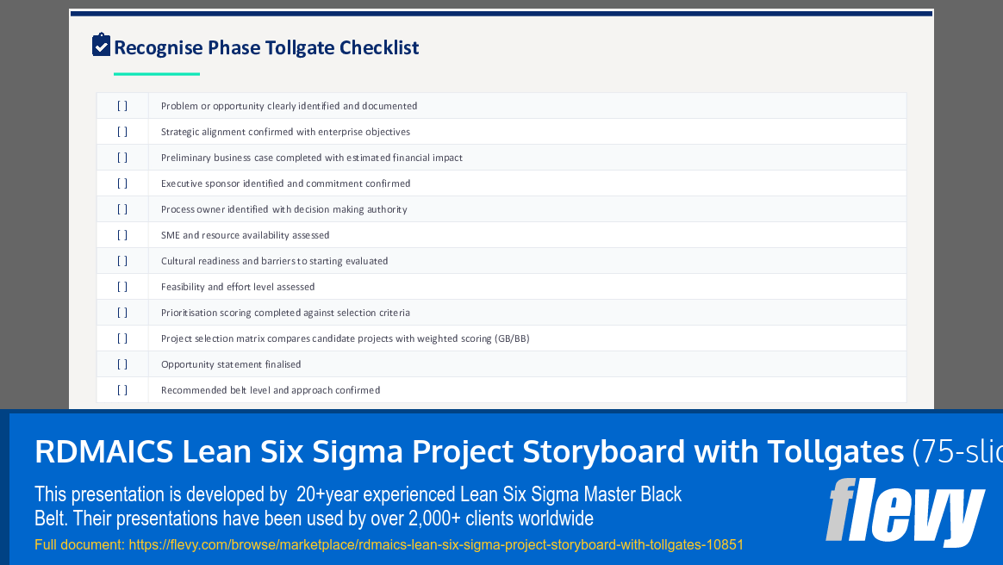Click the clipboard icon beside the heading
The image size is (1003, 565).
102,45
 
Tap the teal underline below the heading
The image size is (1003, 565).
157,74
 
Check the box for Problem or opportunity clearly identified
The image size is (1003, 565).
122,106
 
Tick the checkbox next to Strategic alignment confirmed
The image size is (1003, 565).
122,132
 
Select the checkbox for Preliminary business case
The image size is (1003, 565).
122,158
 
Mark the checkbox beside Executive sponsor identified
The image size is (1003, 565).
122,183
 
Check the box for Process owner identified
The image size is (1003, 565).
122,209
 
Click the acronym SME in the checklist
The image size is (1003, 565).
170,235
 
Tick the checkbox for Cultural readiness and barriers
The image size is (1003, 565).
122,261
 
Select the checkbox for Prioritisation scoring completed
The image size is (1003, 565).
122,313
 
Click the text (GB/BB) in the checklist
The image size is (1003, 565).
512,338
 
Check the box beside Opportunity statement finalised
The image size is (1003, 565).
122,364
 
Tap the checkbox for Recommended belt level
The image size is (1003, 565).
122,390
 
